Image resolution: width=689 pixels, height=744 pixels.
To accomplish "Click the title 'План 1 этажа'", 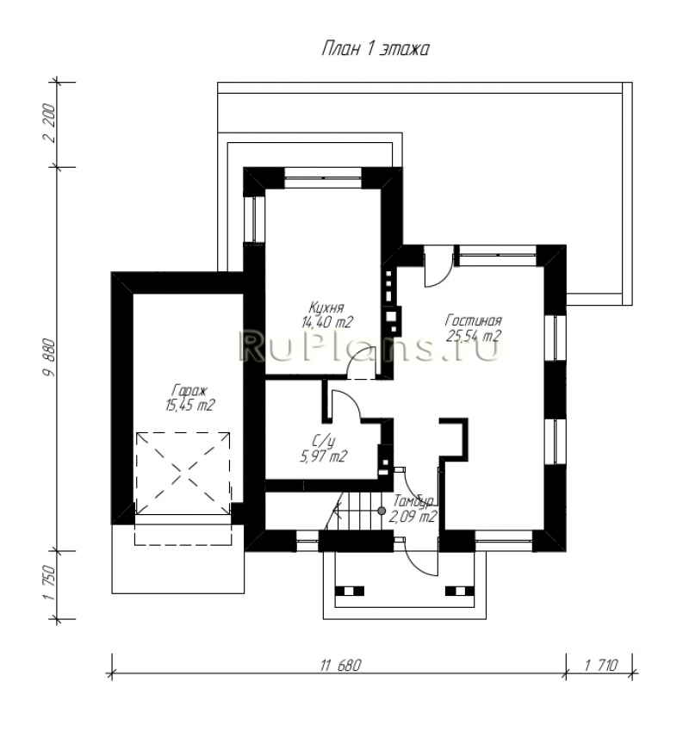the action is [376, 49].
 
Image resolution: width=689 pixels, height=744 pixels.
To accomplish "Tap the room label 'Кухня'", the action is [326, 307].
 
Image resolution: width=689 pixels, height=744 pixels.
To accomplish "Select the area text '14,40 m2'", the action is [327, 322].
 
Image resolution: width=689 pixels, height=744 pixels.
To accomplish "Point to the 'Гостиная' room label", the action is [473, 320].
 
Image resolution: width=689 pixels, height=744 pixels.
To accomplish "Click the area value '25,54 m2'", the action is [474, 336].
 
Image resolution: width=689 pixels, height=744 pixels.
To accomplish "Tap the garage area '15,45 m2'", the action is [189, 406].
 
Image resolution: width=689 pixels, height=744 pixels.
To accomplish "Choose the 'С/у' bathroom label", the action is [325, 441].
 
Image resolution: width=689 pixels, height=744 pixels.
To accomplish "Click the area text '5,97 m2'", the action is [324, 456].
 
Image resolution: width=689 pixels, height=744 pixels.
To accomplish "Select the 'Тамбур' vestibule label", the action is [413, 501].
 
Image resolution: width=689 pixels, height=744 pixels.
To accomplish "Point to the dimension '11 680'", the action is [340, 666].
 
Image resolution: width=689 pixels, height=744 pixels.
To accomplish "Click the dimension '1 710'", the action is [601, 666].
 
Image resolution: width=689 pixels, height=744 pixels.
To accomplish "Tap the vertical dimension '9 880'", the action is [49, 357].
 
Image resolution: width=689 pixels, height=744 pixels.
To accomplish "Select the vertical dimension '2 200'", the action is [49, 123].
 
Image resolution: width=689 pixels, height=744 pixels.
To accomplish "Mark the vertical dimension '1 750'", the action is [49, 584].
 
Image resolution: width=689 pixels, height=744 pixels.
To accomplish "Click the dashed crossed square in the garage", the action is [183, 473].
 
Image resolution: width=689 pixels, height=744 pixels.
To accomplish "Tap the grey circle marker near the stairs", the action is [382, 511].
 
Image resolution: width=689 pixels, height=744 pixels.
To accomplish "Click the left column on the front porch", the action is [350, 591].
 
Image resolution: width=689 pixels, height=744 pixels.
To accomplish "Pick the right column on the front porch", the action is [459, 591].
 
